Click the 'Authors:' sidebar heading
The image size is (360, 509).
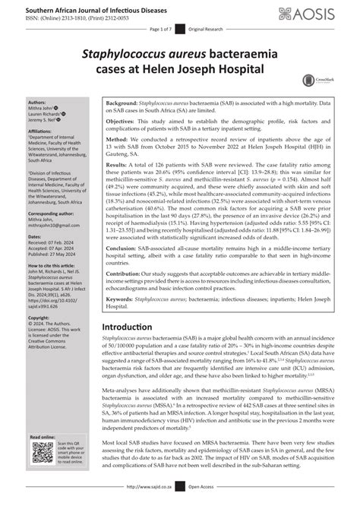pyautogui.click(x=37, y=101)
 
